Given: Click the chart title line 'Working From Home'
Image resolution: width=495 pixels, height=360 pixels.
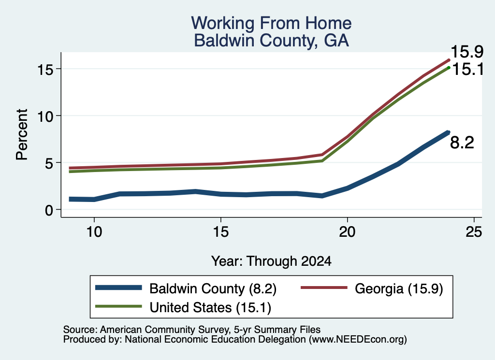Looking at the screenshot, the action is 271,23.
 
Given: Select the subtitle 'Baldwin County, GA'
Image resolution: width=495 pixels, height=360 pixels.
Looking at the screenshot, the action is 271,41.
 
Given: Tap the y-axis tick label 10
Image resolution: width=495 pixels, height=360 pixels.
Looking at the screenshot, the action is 45,116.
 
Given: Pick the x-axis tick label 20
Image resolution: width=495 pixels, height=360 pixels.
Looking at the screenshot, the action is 347,232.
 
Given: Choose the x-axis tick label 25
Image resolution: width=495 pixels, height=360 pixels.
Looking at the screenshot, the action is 474,232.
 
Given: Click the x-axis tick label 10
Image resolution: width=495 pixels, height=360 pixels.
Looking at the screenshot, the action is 94,232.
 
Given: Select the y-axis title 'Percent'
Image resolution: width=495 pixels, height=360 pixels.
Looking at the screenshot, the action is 22,135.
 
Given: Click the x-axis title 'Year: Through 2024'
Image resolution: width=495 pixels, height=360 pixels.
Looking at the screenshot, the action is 271,261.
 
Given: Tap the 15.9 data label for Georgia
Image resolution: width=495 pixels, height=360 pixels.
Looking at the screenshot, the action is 467,52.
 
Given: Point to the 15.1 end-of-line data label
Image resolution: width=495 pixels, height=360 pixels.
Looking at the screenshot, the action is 468,69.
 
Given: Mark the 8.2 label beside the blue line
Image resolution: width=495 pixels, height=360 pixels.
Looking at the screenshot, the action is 462,143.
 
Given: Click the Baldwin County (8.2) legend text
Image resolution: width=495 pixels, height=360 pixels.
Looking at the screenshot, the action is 213,288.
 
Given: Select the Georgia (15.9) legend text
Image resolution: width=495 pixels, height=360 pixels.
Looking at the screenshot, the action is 399,288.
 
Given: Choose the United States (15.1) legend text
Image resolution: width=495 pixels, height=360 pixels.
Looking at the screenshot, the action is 210,308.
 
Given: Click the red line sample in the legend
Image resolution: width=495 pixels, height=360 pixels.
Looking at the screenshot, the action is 323,288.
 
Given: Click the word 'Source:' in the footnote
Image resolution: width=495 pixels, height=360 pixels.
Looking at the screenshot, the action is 80,330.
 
